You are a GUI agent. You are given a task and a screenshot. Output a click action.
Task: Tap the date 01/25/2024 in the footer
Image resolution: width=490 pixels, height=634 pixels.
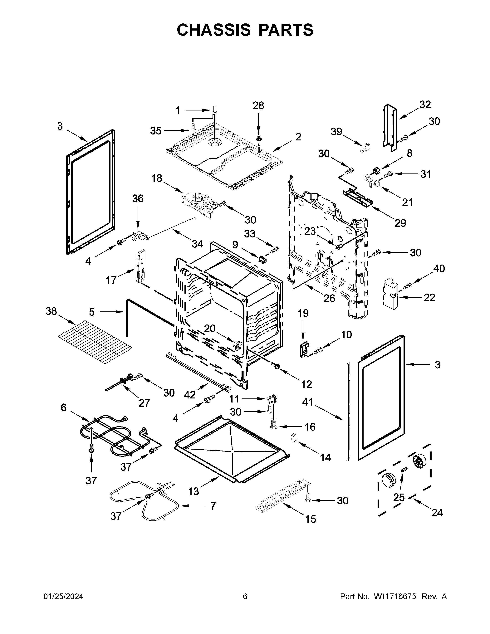click(x=63, y=596)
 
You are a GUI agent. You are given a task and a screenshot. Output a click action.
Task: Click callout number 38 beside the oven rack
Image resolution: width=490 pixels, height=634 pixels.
click(x=51, y=311)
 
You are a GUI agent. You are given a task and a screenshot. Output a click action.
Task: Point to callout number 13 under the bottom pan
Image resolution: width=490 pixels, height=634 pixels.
click(x=194, y=491)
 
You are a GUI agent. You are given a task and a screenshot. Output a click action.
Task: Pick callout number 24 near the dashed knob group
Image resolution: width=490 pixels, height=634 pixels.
click(x=437, y=513)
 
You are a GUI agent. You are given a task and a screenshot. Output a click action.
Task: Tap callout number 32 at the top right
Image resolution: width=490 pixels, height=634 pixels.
click(x=425, y=105)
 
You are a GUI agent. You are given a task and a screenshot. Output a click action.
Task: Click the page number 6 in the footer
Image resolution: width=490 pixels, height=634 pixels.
click(x=245, y=596)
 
